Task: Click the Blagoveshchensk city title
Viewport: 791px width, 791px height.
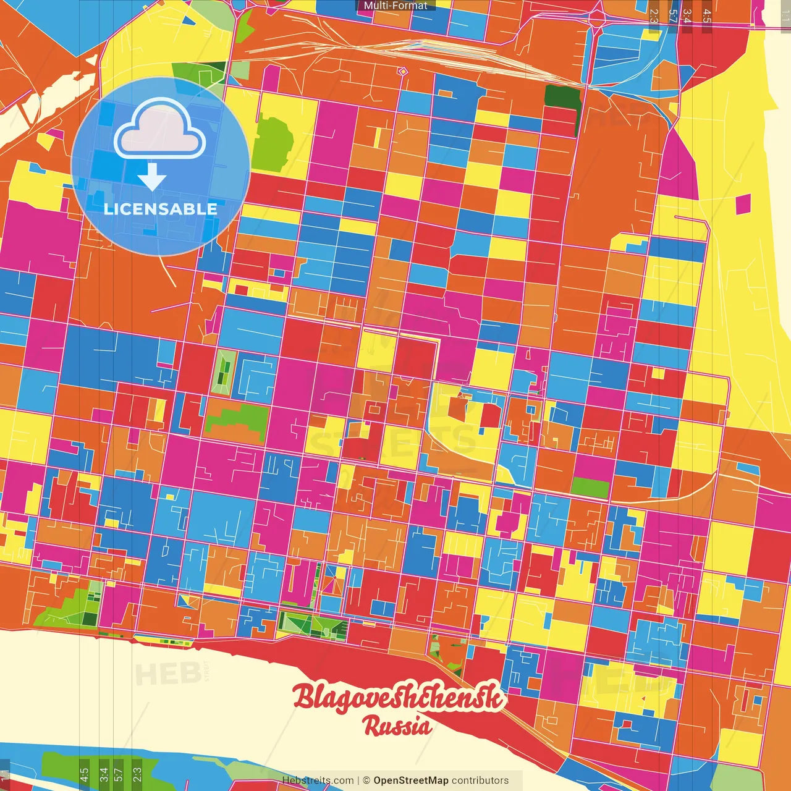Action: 399,697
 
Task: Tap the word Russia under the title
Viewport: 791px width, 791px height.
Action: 397,725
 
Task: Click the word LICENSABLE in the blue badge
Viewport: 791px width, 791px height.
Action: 161,209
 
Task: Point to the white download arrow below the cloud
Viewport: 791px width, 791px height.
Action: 152,177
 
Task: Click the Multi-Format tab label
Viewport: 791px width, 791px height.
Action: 395,6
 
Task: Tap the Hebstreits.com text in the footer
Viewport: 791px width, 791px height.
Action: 318,780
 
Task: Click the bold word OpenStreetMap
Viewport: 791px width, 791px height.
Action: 411,780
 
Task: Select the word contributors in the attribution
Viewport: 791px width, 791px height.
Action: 480,780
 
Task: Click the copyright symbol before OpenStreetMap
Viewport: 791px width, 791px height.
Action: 366,780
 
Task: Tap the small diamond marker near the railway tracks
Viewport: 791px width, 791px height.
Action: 403,72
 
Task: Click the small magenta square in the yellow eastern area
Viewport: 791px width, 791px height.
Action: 743,204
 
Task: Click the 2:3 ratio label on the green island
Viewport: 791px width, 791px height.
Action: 137,774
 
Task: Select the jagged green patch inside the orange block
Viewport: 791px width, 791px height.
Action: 237,418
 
